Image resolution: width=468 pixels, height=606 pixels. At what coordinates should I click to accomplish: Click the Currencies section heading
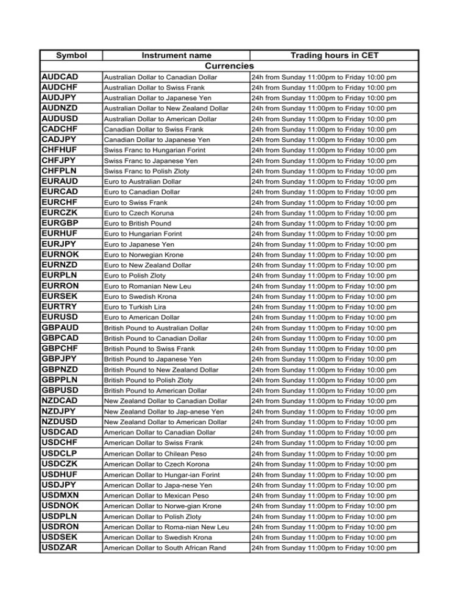tap(229, 66)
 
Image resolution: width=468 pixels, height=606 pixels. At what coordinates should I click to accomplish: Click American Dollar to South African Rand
tap(168, 547)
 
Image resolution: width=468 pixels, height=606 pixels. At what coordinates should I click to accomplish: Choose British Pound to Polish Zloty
tap(151, 380)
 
